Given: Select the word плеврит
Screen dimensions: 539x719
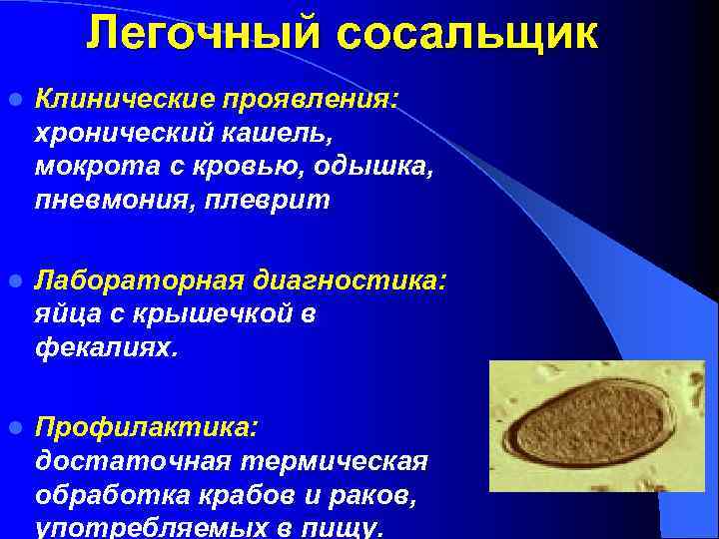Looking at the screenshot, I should (274, 201).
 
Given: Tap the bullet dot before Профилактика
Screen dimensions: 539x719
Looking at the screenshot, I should (14, 428).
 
